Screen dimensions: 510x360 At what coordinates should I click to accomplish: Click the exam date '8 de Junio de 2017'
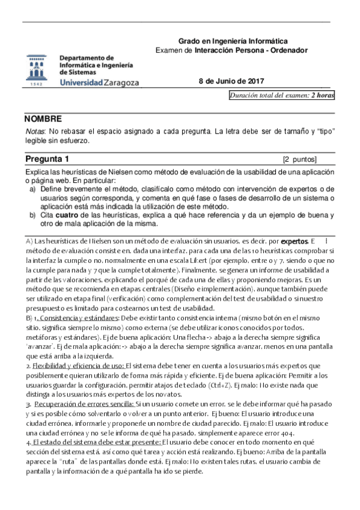[x=231, y=82]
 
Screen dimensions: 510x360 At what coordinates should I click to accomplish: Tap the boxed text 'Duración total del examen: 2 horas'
[x=282, y=96]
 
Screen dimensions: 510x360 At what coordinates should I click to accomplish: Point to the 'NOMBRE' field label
[x=43, y=119]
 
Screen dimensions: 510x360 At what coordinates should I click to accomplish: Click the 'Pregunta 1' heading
[x=47, y=159]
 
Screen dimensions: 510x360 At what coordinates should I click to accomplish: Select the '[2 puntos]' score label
[x=299, y=159]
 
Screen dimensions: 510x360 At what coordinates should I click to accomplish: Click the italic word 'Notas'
[x=34, y=132]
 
